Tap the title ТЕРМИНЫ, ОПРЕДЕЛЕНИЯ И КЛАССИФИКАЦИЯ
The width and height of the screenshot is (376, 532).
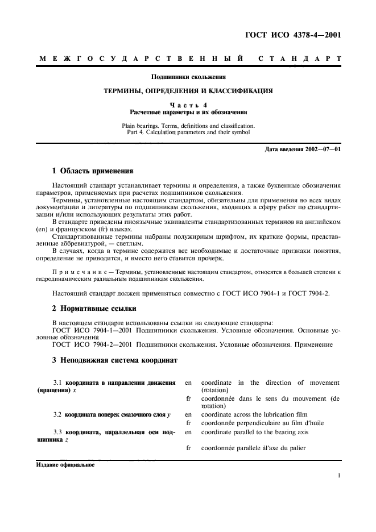[188, 90]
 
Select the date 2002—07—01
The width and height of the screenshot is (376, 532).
[321, 149]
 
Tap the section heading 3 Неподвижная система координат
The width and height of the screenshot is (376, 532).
[115, 360]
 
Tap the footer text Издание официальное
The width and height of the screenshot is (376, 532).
[65, 464]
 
